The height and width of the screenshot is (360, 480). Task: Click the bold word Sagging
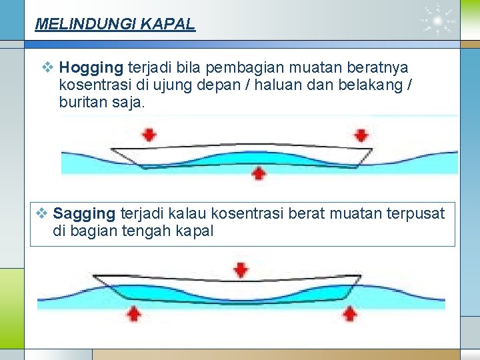84,213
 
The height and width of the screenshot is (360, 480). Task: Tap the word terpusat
414,213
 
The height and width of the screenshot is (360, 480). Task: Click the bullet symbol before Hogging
47,67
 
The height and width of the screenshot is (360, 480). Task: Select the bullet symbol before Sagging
41,213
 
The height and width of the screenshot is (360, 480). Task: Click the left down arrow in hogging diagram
149,135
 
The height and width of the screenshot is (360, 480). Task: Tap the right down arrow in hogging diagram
361,135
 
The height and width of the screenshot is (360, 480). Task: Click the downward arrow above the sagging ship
241,270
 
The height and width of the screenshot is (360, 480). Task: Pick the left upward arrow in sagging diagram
134,313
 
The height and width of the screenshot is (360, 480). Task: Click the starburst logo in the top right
437,22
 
